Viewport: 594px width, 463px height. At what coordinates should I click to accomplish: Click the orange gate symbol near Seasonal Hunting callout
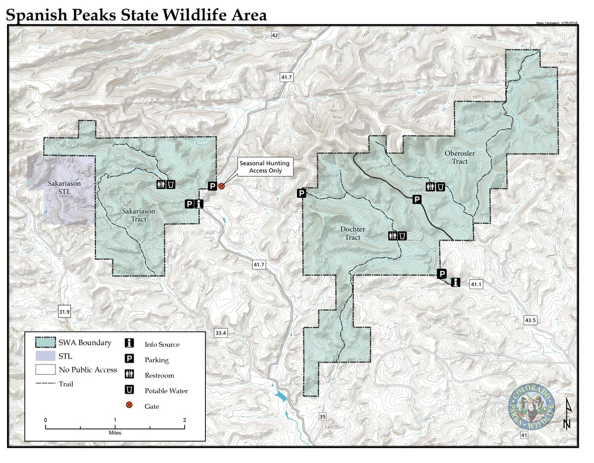[x=222, y=186]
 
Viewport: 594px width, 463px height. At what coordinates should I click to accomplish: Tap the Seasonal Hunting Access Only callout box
[x=264, y=167]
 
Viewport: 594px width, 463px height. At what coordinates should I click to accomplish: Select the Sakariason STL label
[x=64, y=187]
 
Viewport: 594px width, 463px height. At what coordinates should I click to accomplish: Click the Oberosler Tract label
[x=459, y=157]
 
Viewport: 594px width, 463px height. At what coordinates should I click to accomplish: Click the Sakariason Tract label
[x=138, y=215]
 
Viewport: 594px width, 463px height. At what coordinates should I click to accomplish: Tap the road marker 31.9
[x=64, y=312]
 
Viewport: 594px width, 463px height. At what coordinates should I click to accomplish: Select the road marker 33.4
[x=221, y=333]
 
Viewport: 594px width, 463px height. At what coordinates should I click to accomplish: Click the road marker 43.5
[x=530, y=320]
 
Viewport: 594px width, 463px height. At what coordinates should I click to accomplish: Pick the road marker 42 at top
[x=275, y=35]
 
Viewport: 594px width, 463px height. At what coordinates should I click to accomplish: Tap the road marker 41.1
[x=476, y=284]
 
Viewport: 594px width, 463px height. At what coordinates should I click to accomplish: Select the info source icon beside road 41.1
[x=455, y=282]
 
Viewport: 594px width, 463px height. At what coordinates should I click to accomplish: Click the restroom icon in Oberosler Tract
[x=430, y=186]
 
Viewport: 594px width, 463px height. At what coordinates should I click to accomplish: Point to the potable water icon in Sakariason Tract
[x=170, y=184]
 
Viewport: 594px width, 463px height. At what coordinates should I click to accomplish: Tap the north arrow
[x=568, y=414]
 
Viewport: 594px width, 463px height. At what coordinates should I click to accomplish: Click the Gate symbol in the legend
[x=130, y=405]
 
